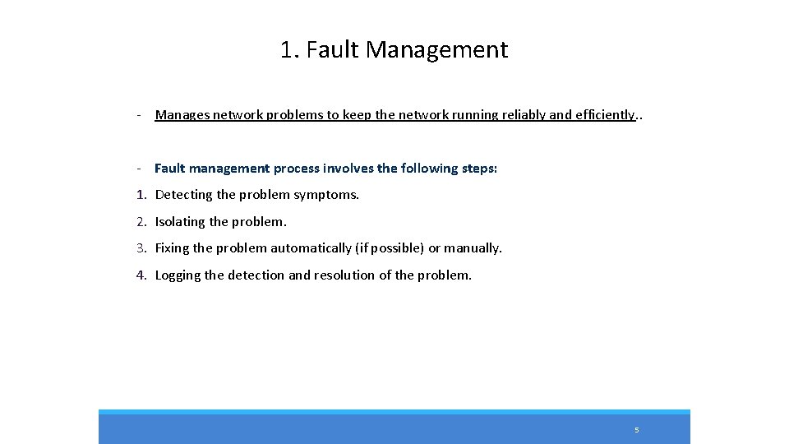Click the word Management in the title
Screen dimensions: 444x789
tap(437, 50)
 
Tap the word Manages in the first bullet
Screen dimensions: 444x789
tap(182, 115)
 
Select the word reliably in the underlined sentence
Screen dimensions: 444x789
tap(520, 115)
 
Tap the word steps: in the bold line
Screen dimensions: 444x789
tap(473, 169)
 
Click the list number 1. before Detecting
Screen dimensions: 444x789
tap(141, 195)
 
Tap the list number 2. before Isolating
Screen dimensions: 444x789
tap(141, 222)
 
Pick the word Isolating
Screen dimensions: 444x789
tap(180, 222)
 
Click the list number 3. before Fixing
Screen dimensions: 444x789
tap(141, 248)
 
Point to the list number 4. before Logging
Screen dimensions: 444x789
tap(141, 275)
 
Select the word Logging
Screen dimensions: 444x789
tap(178, 275)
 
